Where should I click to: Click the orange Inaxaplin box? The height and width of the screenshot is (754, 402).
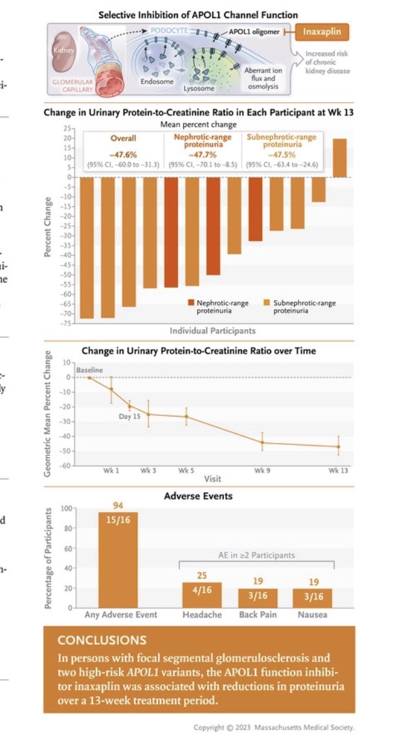pyautogui.click(x=325, y=32)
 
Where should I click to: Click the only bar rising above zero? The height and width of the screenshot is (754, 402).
pyautogui.click(x=340, y=158)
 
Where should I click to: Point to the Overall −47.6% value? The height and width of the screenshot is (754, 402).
pyautogui.click(x=122, y=155)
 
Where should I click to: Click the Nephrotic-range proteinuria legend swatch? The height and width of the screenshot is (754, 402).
pyautogui.click(x=192, y=302)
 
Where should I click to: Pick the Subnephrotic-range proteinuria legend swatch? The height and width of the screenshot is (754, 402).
pyautogui.click(x=268, y=302)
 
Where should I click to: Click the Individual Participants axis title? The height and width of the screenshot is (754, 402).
pyautogui.click(x=212, y=331)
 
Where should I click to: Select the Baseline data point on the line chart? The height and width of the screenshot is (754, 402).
pyautogui.click(x=89, y=378)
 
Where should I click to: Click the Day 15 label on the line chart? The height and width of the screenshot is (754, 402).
pyautogui.click(x=129, y=417)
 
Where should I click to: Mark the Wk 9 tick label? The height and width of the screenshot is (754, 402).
pyautogui.click(x=262, y=470)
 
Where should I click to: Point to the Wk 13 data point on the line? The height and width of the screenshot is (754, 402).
pyautogui.click(x=338, y=446)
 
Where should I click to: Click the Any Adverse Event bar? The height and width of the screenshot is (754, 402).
pyautogui.click(x=118, y=559)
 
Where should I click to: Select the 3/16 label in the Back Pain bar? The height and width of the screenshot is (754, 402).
pyautogui.click(x=258, y=599)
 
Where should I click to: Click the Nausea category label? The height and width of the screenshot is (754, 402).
pyautogui.click(x=313, y=614)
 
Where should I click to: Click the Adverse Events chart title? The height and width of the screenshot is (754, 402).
pyautogui.click(x=199, y=496)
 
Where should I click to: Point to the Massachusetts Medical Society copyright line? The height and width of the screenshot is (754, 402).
pyautogui.click(x=274, y=727)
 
